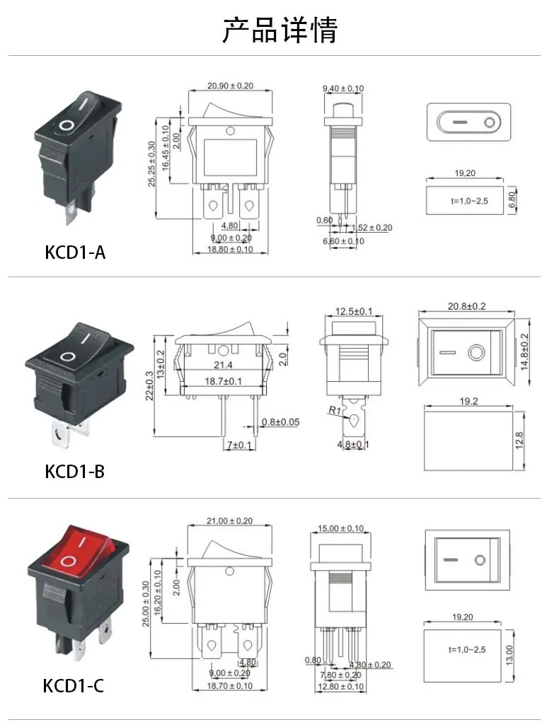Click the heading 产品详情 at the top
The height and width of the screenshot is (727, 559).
[280, 30]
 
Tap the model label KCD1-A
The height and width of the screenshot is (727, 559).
[75, 252]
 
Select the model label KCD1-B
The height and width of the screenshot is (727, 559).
[75, 472]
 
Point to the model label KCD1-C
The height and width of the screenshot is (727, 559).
[74, 686]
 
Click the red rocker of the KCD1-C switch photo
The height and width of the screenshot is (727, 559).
[81, 550]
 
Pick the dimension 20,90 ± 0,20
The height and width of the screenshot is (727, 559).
[230, 86]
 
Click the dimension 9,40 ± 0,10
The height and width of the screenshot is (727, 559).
[343, 88]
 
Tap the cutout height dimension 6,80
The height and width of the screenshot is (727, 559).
[512, 200]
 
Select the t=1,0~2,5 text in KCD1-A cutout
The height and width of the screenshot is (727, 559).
[469, 201]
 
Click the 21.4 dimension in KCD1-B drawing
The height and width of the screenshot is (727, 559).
[223, 365]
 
